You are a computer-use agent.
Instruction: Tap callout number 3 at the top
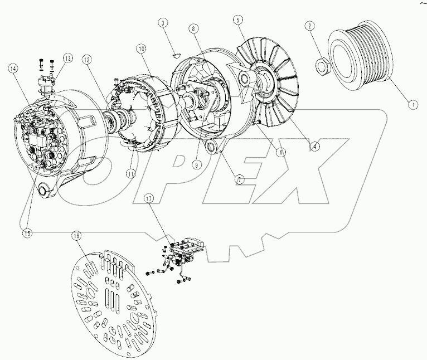[x=163, y=23]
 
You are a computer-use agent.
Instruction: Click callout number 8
[x=193, y=27]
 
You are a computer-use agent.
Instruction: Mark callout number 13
[x=67, y=58]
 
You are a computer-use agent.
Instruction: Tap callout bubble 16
[x=76, y=236]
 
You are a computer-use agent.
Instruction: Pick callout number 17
[x=148, y=198]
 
